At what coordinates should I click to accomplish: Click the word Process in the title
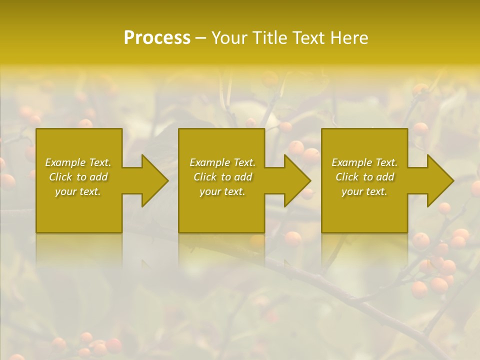point(157,38)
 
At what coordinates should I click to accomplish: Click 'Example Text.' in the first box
point(78,162)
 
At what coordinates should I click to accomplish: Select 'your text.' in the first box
point(78,191)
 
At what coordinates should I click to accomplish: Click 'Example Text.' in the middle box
point(222,162)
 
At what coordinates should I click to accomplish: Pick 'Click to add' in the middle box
point(222,177)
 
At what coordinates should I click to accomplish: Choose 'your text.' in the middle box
point(222,191)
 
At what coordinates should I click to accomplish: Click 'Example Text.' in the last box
point(364,162)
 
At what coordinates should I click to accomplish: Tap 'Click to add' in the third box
point(364,177)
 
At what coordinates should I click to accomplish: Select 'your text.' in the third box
point(364,191)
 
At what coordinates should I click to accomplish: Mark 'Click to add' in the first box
point(78,177)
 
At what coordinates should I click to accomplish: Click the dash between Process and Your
point(200,38)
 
